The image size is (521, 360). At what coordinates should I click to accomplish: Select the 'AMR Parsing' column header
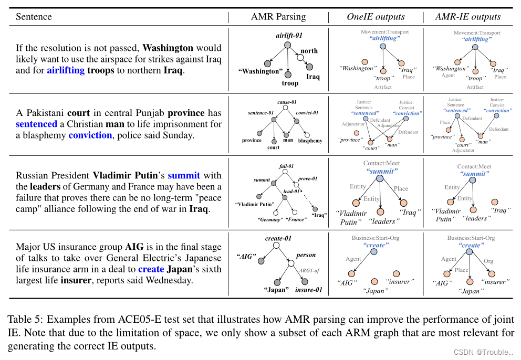coord(278,17)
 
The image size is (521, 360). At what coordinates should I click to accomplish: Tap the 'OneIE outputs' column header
coord(376,17)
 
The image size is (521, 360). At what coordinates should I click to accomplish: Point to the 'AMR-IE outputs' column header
coord(468,17)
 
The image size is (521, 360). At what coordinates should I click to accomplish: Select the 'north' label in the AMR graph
coord(309,51)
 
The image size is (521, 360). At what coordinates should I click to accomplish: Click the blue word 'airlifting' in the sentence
coord(65,70)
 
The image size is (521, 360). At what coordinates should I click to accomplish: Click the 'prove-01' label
coord(308,178)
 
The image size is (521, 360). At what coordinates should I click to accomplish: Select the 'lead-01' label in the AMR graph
coord(291,192)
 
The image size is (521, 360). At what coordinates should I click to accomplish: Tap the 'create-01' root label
coord(278,238)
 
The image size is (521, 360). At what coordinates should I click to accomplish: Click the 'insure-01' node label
coord(309,290)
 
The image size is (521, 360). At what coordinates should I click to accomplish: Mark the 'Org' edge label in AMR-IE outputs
coord(488,261)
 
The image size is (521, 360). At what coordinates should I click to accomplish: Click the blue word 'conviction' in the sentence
coord(90,135)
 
